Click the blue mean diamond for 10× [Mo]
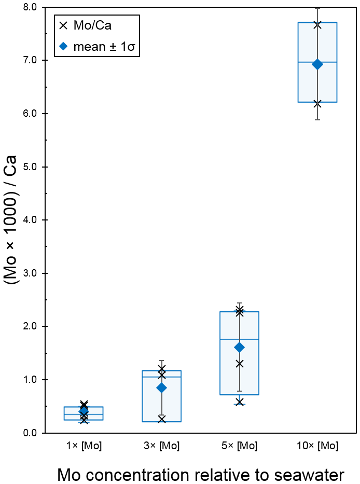click(x=317, y=64)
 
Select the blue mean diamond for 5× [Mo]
click(x=239, y=347)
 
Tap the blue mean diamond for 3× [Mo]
click(x=161, y=388)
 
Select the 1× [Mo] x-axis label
click(x=84, y=446)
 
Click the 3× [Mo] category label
click(x=161, y=446)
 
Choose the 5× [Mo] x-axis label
click(x=239, y=446)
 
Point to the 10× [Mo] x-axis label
click(x=317, y=446)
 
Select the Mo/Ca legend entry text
click(x=93, y=25)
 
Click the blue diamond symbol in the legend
click(x=63, y=46)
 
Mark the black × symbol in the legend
click(x=63, y=25)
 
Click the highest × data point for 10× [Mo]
click(x=317, y=25)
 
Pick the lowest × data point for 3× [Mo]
click(x=161, y=419)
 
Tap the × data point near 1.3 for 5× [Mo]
click(x=239, y=364)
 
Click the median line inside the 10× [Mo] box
click(x=317, y=62)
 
